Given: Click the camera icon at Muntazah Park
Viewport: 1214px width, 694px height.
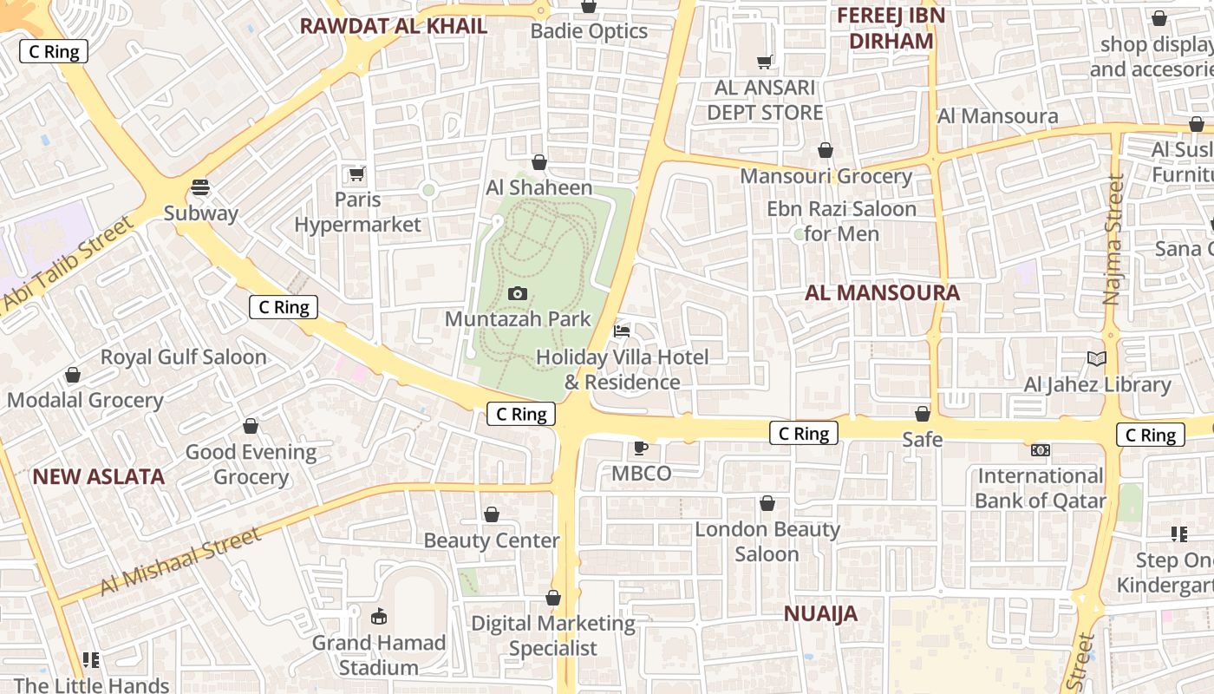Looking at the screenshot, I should coord(518,294).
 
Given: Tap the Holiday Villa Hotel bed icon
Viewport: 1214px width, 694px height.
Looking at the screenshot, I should coord(622,331).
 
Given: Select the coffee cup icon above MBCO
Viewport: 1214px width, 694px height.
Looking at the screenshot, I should coord(640,448).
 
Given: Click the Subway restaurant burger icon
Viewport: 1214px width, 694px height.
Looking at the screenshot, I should coord(200,187).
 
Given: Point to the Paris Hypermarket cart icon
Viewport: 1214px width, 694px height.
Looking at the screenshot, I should coord(356,173).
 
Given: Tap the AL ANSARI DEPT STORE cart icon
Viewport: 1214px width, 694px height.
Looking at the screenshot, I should coord(765,62).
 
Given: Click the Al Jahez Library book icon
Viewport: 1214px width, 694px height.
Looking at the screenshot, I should coord(1096,358).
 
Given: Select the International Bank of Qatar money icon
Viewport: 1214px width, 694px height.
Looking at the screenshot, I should coord(1040,450).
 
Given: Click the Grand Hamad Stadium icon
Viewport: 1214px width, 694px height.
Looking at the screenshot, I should coord(379,617).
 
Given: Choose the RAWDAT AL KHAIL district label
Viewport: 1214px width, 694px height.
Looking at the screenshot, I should coord(393,26).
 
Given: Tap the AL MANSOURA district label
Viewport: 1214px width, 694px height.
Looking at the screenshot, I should coord(882,293).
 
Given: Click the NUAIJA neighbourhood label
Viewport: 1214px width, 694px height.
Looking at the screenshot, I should coord(820,614).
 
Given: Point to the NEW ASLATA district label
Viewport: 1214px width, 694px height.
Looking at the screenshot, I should coord(98,476).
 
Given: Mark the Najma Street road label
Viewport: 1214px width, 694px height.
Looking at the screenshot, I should coord(1113,239).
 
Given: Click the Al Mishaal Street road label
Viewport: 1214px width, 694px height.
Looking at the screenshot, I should coord(180,561).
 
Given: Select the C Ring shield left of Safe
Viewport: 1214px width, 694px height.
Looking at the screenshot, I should coord(804,433).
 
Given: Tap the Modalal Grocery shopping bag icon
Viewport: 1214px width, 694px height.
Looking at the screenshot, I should coord(73,375).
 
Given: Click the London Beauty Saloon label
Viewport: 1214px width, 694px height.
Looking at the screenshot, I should coord(767,541).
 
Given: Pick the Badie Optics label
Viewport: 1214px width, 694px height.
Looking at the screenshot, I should coord(589,31).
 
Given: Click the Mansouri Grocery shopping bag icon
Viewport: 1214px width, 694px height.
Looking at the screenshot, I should coord(826,151).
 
